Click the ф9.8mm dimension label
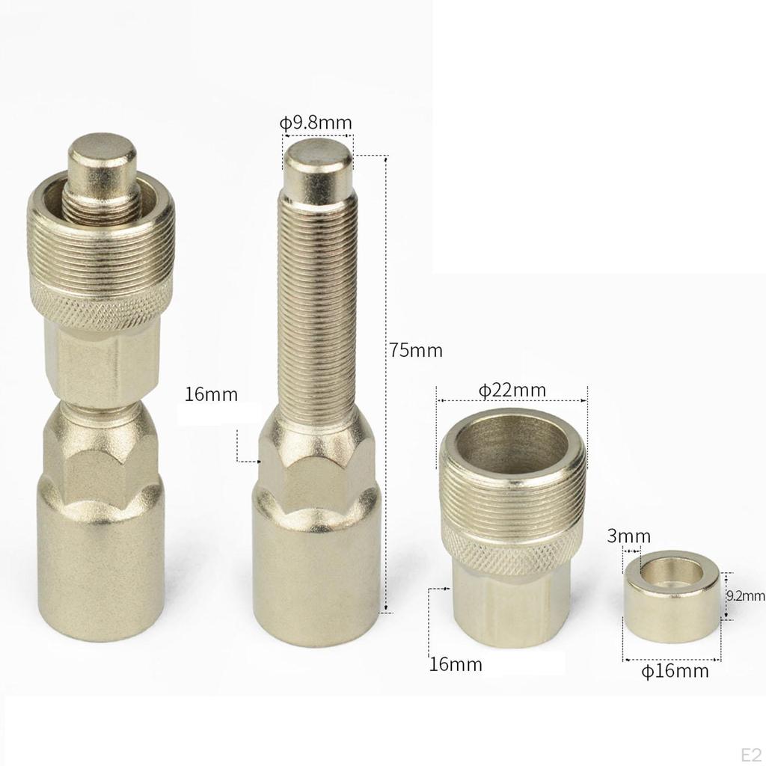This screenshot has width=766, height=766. (x=316, y=123)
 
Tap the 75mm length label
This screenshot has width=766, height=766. (x=416, y=350)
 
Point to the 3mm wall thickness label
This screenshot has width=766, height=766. (x=628, y=536)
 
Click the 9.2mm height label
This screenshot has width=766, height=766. (x=746, y=595)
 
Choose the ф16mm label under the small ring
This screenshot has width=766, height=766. (x=675, y=671)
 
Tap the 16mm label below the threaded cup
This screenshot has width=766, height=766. (x=456, y=664)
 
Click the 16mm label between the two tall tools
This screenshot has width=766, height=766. (x=211, y=394)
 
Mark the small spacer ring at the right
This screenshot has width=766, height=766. (x=671, y=596)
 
